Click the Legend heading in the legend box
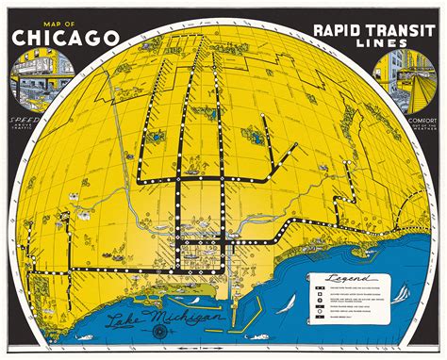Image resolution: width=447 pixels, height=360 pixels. point(342,279)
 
